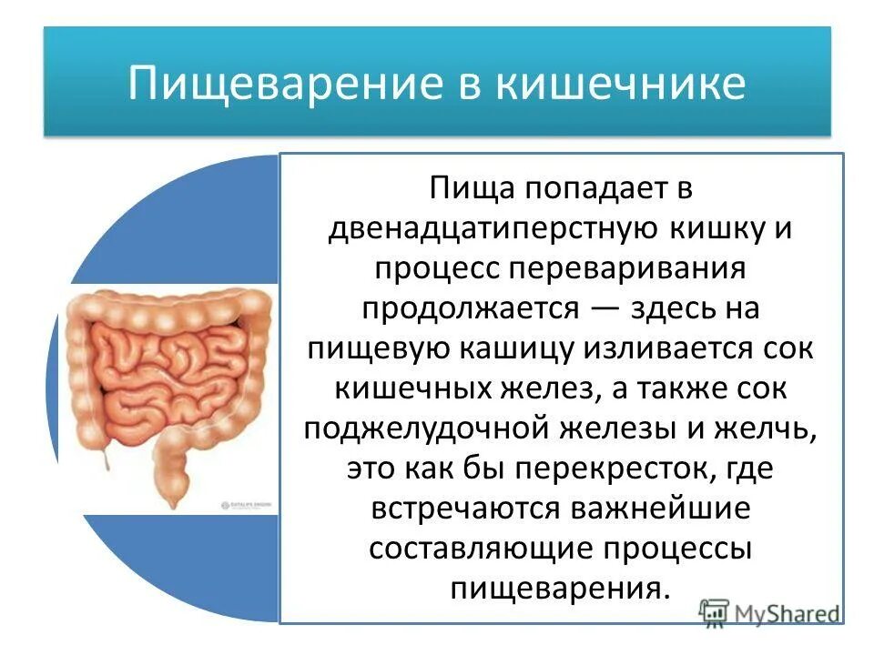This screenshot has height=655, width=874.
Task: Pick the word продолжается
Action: tap(470, 308)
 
